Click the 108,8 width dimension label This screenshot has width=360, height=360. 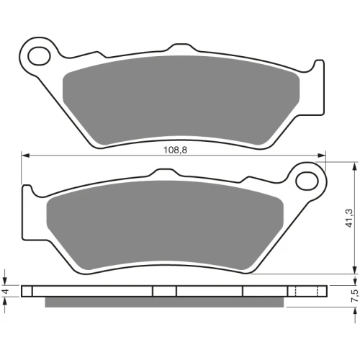(175, 150)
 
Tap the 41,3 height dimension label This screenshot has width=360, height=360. (349, 218)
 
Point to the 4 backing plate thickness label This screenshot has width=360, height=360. (5, 292)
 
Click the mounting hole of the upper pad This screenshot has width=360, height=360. (39, 56)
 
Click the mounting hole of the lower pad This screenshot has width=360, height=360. (307, 181)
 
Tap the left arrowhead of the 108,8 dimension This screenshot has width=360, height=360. (25, 156)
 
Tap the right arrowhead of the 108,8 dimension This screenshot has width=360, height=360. (322, 156)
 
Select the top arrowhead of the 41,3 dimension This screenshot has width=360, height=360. (355, 166)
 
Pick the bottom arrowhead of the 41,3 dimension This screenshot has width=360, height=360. (355, 269)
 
